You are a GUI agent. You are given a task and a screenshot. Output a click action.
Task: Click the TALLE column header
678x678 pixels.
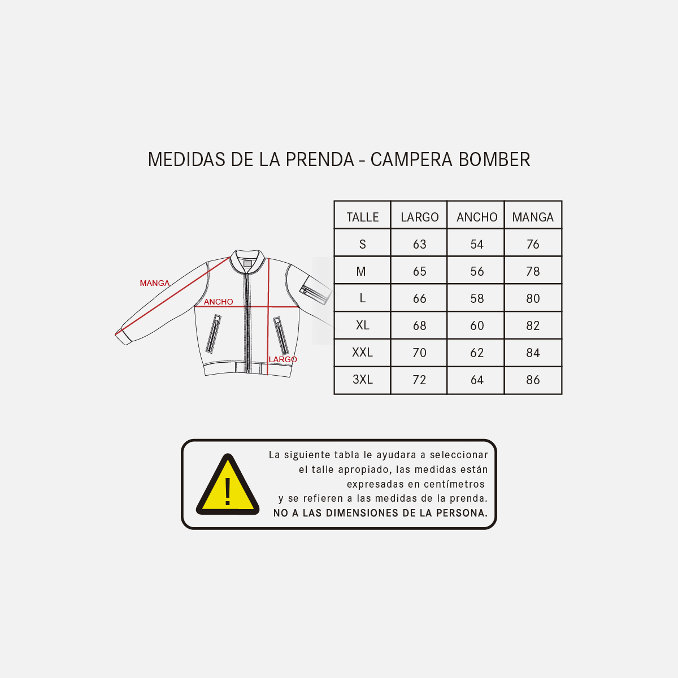click(362, 217)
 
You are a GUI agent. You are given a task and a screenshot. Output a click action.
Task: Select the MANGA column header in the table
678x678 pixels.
click(533, 217)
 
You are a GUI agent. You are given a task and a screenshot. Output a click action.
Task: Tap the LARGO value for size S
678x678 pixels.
click(419, 244)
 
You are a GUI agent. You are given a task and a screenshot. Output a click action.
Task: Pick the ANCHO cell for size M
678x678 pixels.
click(477, 271)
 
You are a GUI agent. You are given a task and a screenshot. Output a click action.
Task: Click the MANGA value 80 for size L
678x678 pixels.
click(533, 298)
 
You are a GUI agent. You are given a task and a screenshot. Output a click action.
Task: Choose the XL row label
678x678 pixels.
click(362, 325)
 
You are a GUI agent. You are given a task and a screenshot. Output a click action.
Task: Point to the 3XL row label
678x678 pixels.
click(362, 379)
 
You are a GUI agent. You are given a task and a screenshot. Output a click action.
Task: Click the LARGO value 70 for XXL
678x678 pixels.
click(419, 353)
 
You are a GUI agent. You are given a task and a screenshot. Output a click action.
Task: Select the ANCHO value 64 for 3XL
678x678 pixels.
click(477, 380)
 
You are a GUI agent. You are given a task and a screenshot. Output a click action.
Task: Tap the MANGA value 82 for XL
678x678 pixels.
click(533, 325)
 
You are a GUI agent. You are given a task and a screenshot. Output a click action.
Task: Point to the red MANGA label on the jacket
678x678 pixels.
click(154, 283)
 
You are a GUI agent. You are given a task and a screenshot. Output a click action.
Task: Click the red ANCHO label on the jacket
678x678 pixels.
click(218, 302)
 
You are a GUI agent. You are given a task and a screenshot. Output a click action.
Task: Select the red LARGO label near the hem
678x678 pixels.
click(282, 359)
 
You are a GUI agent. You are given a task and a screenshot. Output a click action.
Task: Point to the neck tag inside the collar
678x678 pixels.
click(247, 264)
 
